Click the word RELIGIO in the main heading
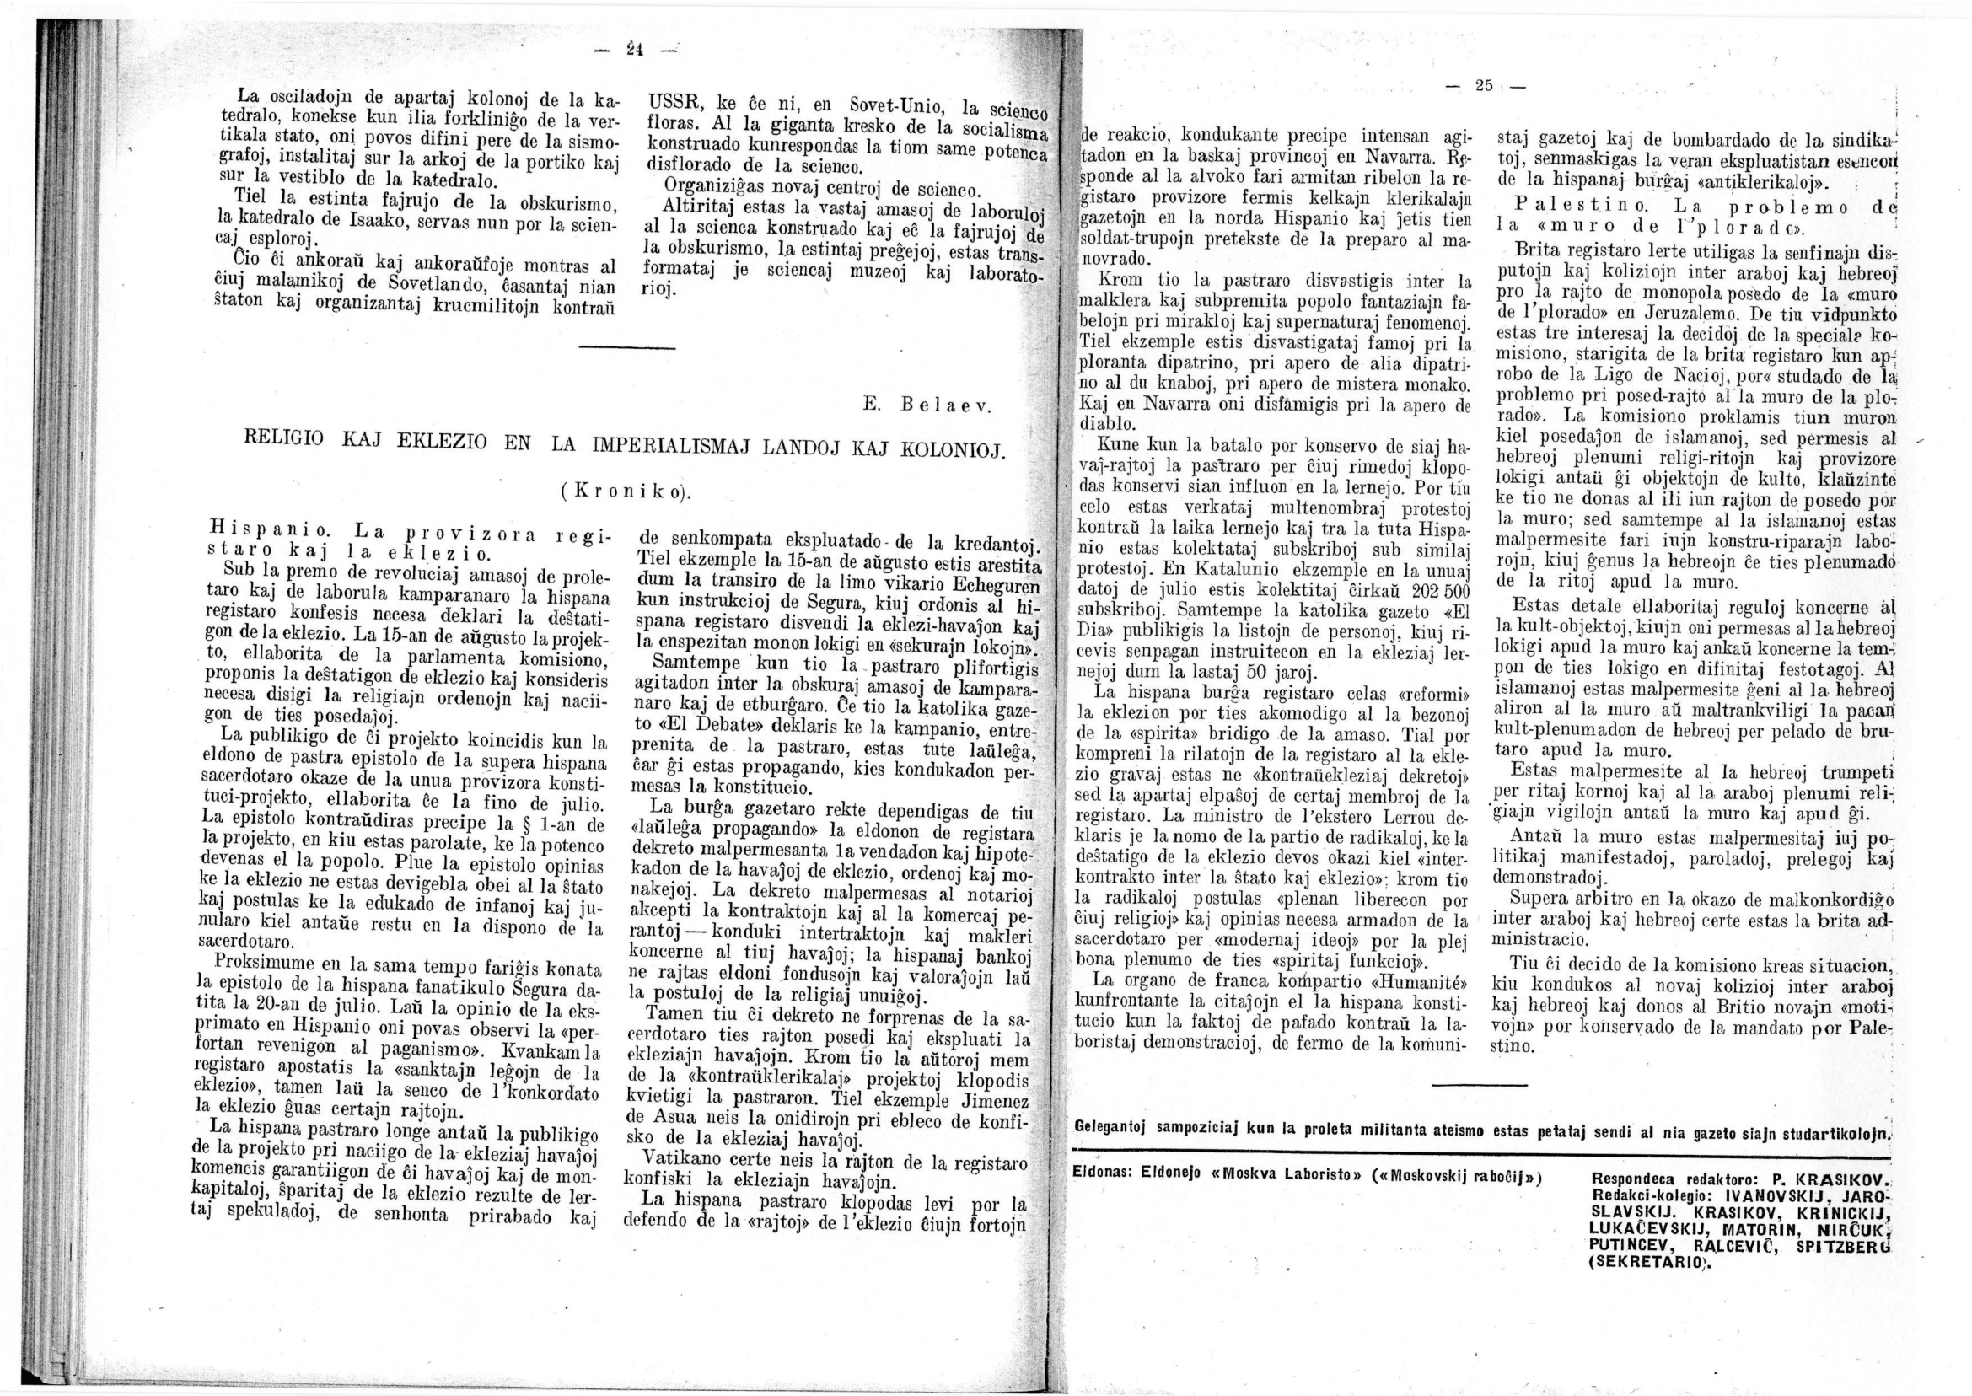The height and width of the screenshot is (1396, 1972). click(x=286, y=438)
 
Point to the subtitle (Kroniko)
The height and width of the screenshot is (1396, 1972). click(x=626, y=492)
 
